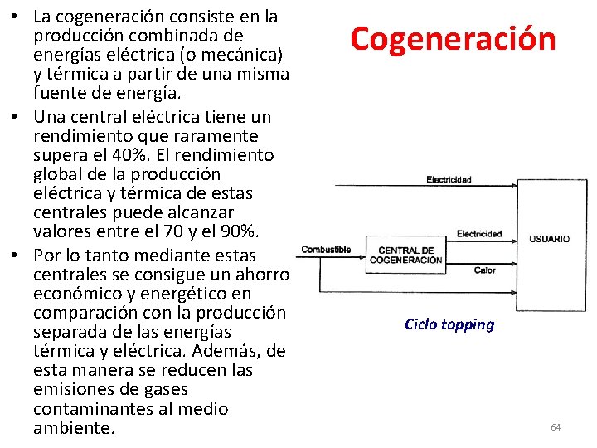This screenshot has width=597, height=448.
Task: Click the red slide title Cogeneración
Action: point(452,39)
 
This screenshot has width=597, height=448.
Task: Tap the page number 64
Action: point(556,427)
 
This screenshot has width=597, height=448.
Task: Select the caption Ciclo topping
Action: point(449,324)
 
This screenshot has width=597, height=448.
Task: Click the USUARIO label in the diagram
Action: point(550,239)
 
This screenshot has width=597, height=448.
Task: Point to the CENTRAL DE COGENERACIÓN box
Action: point(405,255)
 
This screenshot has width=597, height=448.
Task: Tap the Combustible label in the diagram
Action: point(326,250)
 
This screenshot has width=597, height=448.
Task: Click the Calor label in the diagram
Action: point(485,270)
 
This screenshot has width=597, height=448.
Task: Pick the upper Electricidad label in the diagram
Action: point(449,179)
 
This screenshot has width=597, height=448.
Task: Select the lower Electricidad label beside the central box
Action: point(478,235)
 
